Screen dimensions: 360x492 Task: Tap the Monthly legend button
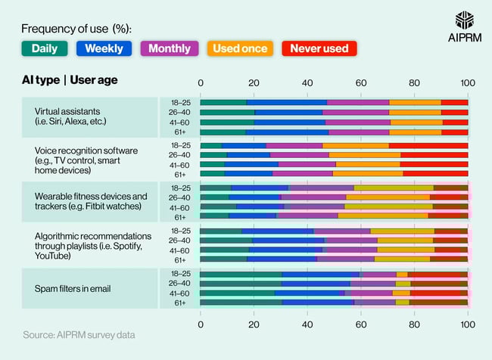point(170,48)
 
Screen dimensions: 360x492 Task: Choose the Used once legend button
point(240,48)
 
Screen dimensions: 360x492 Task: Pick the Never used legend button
point(319,48)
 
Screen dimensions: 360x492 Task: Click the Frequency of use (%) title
point(76,29)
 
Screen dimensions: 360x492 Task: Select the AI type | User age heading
point(70,79)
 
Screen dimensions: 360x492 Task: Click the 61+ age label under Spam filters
point(179,303)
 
